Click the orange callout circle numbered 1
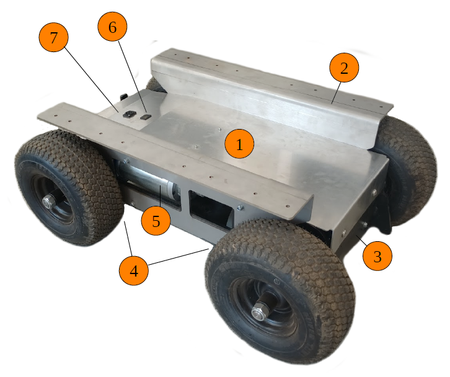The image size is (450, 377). pos(239,144)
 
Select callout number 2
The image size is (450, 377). pos(344,68)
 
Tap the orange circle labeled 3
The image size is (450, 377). pos(377,256)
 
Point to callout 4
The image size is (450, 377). pos(134,270)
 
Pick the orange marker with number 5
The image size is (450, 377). pos(156,221)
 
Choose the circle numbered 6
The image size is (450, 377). pos(113,27)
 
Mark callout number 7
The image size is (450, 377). pos(54,37)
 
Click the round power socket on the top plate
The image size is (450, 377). pos(128,114)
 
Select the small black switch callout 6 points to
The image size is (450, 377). pos(146,117)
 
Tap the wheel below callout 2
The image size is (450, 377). pos(407,169)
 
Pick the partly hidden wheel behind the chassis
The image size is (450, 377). pos(155,84)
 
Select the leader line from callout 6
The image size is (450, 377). pos(133,77)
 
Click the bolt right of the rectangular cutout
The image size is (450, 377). pos(240,206)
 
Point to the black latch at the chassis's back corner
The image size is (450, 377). pos(124,97)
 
